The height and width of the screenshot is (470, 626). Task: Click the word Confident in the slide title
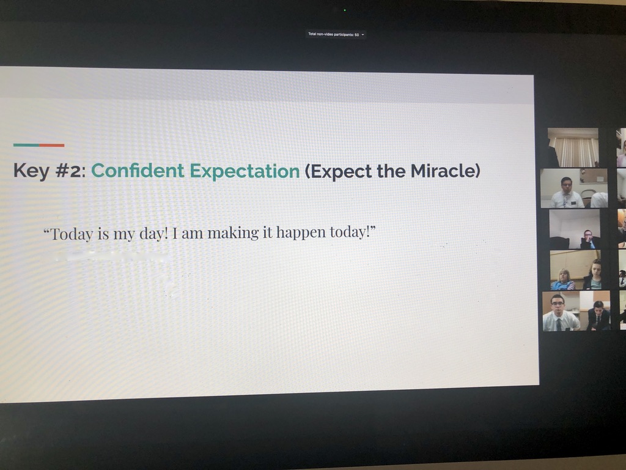coord(138,171)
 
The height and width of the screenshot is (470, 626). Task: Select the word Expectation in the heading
coord(245,171)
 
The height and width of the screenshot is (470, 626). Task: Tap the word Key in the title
coord(32,171)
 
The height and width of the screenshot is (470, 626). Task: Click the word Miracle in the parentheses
coord(445,171)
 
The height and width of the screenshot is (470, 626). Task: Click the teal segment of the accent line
coord(26,145)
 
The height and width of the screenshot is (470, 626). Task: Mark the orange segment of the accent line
coord(51,145)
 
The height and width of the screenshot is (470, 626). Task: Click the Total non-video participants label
coord(333,34)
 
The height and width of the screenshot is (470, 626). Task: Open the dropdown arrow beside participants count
coord(363,35)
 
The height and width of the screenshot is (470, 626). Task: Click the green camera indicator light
coord(345,10)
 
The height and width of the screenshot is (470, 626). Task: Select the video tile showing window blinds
coord(573,147)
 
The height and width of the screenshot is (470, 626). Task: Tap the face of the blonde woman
coord(564,276)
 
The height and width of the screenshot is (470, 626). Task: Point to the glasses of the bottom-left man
coord(558,304)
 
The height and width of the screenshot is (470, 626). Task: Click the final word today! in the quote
coord(353,232)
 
